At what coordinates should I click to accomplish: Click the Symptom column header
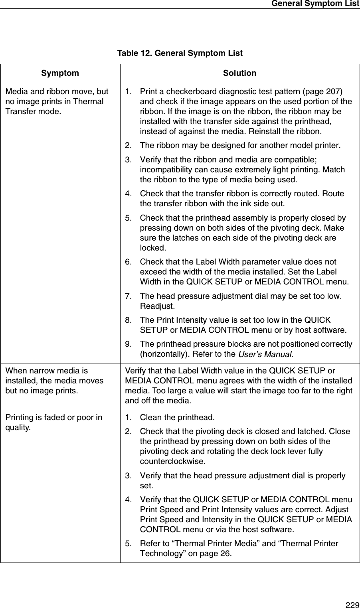point(60,73)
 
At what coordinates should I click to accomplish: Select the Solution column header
point(239,73)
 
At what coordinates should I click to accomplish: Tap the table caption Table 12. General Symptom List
point(180,53)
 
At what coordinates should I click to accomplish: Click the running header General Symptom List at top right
point(315,4)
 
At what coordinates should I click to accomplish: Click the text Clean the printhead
point(177,418)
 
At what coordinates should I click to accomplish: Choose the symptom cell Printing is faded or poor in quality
point(54,422)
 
